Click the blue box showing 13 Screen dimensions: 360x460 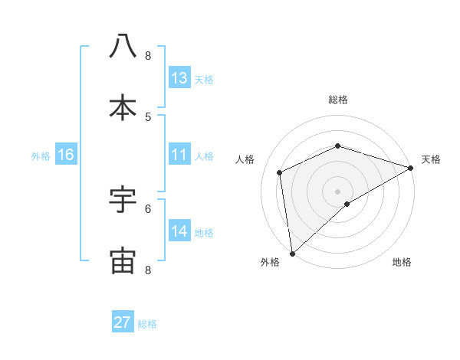click(179, 78)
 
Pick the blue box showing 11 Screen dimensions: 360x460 click(179, 155)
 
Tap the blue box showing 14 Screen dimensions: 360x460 click(179, 231)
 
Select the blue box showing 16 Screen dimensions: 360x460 click(66, 155)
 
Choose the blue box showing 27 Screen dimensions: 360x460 click(123, 322)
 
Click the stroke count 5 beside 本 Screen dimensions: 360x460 click(148, 116)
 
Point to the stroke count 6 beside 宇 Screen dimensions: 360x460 click(148, 208)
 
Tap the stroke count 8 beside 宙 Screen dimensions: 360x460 click(148, 270)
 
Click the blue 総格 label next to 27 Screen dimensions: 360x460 click(147, 324)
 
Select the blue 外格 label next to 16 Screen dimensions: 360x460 click(41, 155)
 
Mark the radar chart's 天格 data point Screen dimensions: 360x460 click(410, 168)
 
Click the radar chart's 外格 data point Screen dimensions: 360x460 click(292, 253)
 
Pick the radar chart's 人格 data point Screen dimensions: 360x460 click(280, 172)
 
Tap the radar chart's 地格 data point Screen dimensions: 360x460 click(347, 204)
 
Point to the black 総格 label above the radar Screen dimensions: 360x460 click(338, 100)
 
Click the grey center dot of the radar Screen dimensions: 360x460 click(337, 191)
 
